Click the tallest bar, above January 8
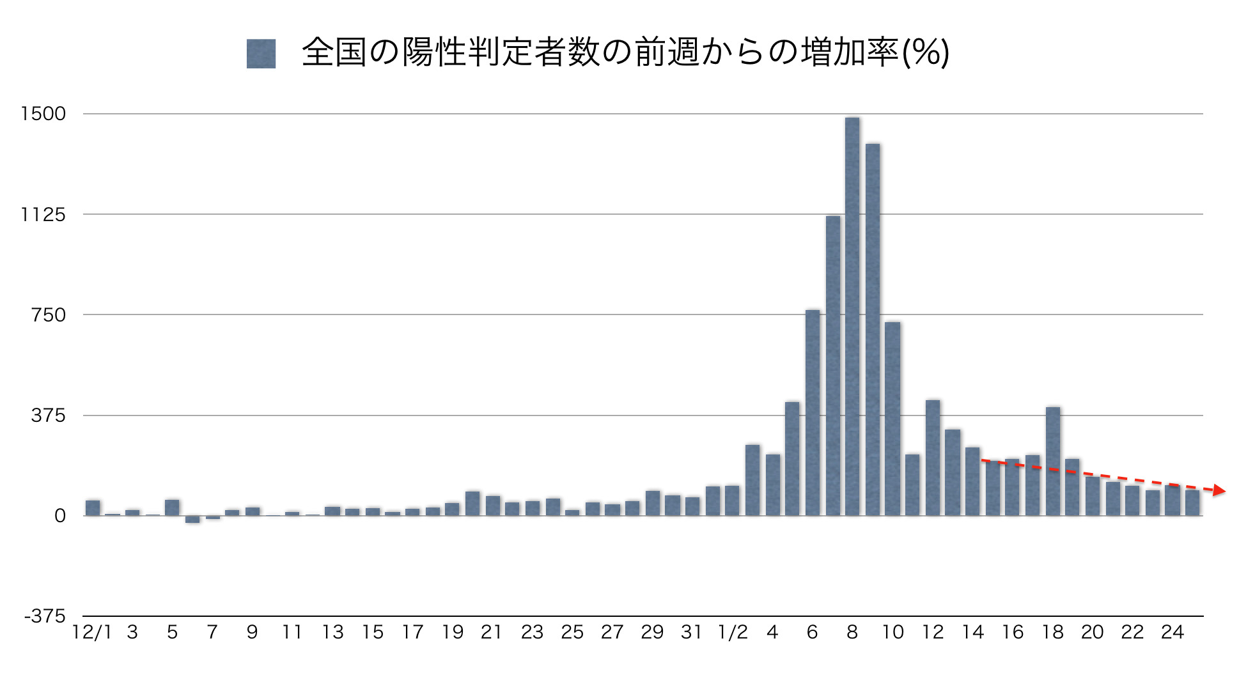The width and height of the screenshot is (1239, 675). pos(852,316)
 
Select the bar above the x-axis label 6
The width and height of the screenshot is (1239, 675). pos(813,413)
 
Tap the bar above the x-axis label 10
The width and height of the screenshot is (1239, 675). pos(892,419)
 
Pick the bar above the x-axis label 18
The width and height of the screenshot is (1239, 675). pos(1053,462)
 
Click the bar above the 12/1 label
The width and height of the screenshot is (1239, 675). pos(93,508)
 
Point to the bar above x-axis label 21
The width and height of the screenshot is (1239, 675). pos(493,506)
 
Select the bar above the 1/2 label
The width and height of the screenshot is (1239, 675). pos(732,500)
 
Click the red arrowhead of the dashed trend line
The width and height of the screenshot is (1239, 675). pos(1219,490)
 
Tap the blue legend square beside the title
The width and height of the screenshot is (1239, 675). pos(261,54)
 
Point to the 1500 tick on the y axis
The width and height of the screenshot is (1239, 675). pos(43,114)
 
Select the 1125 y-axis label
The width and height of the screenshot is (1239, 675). pos(43,215)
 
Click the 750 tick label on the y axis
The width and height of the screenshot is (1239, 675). pos(49,314)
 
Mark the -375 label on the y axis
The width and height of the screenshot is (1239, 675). pos(45,616)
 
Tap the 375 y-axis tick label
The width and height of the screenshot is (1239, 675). pos(49,415)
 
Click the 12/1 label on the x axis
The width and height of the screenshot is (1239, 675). pos(91,633)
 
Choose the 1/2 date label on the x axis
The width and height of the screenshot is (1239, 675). pos(733,633)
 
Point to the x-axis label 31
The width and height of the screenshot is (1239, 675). pos(692,633)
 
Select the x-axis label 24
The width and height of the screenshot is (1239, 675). pos(1173,633)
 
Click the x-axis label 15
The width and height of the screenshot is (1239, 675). pos(373,633)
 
